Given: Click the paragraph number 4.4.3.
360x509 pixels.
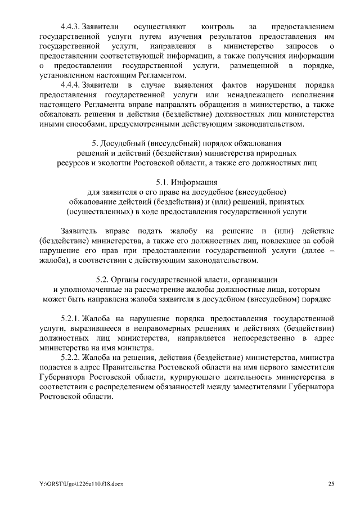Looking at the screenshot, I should click(70, 26).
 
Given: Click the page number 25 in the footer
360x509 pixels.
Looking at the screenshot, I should click(331, 483).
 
